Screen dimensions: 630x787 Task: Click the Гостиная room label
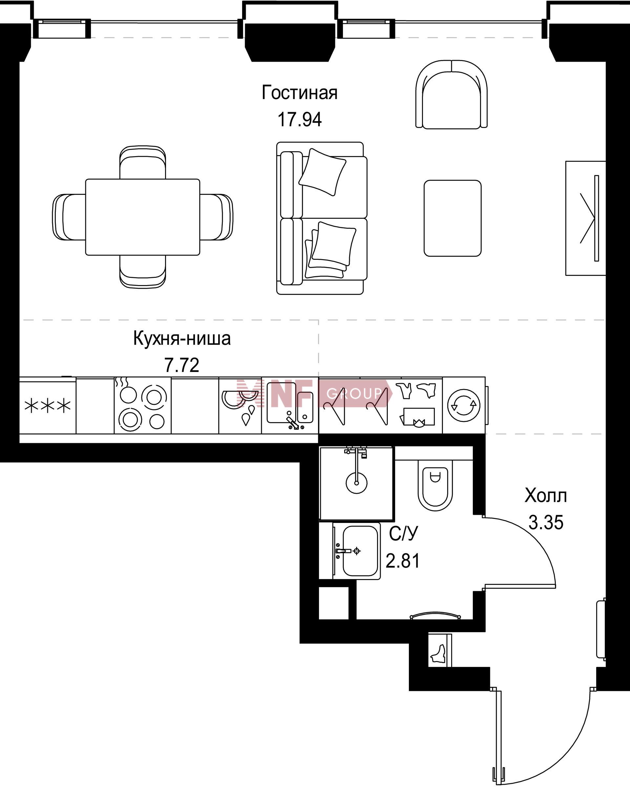tap(299, 93)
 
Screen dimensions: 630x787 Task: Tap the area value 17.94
tap(300, 119)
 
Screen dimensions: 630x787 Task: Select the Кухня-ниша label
tap(182, 338)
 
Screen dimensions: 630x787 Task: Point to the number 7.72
tap(182, 365)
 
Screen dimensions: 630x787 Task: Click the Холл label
tap(546, 496)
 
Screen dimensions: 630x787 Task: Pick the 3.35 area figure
tap(546, 523)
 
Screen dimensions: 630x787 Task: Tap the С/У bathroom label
tap(403, 534)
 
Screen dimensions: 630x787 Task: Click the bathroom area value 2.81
tap(403, 561)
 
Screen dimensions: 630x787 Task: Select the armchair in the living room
tap(451, 94)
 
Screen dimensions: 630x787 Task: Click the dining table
tap(143, 217)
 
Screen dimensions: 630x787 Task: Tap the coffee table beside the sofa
tap(452, 218)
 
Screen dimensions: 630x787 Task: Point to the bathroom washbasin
tap(357, 551)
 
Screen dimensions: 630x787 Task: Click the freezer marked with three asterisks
tap(48, 405)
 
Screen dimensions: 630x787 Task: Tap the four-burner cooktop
tap(143, 405)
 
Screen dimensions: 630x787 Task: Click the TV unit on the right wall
tap(585, 218)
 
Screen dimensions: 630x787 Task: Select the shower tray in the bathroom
tap(357, 483)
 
